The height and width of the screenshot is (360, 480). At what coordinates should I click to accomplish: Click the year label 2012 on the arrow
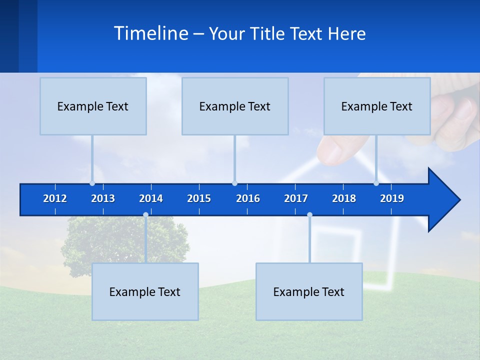[55, 198]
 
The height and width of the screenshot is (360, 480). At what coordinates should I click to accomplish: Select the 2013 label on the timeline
[103, 198]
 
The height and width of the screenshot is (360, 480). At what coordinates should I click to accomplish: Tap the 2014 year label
[151, 198]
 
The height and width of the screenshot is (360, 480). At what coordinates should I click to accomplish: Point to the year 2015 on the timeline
[199, 198]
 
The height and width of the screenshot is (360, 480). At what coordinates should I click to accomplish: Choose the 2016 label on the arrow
[248, 198]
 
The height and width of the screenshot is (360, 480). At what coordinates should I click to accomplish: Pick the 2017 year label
[296, 198]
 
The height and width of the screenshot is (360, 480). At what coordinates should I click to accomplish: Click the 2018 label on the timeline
[344, 198]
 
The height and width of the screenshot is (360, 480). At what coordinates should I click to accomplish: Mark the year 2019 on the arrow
[392, 198]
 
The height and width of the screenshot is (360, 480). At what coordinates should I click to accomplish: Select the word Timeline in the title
[150, 33]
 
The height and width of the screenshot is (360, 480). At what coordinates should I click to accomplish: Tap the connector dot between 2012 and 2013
[92, 183]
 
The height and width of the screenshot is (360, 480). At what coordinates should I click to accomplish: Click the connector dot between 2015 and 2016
[234, 183]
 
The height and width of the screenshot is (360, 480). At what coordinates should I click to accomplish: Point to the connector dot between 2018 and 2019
[376, 183]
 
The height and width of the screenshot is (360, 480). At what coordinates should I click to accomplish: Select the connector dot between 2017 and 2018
[309, 215]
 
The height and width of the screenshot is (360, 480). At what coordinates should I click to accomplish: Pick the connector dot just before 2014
[145, 215]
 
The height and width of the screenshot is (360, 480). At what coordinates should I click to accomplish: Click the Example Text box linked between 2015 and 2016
[234, 106]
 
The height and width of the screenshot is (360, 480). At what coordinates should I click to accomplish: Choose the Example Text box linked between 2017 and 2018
[308, 291]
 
